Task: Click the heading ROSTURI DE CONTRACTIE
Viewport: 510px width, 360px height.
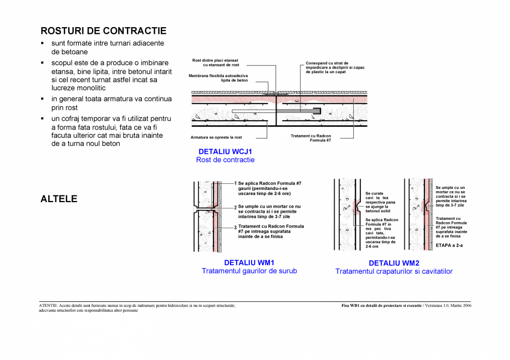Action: (103, 30)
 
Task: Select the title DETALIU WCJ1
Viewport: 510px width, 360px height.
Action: (225, 151)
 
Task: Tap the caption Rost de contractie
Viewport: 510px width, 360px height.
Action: (225, 160)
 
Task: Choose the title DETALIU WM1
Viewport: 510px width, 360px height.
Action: (249, 263)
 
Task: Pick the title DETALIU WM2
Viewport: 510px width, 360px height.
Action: (394, 263)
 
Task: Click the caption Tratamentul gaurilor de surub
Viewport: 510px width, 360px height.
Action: (249, 271)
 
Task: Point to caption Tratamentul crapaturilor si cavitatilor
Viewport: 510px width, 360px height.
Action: (394, 272)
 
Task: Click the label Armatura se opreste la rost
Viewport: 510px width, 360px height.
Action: (216, 137)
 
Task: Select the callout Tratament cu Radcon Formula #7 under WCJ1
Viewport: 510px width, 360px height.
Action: (310, 138)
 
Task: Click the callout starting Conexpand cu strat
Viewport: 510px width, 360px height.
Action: (335, 68)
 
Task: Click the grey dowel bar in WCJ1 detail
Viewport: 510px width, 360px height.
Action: (299, 111)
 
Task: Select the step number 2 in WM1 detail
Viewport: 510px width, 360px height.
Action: (235, 207)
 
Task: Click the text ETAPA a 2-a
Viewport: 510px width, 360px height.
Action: (448, 244)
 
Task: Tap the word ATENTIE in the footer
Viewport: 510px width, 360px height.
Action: (49, 305)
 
